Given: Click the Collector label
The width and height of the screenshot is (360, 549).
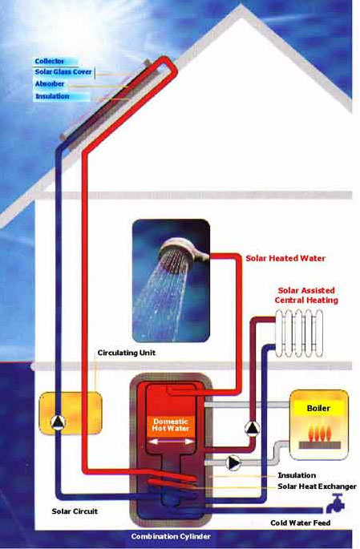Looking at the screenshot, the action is pos(50,61).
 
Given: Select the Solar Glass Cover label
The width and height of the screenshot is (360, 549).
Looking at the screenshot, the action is pos(63,72).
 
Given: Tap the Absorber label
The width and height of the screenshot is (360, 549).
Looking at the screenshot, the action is pos(50,84).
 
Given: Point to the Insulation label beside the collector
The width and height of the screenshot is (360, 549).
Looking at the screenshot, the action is pos(52,96).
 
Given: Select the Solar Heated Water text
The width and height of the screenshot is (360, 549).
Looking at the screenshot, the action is pos(285,258).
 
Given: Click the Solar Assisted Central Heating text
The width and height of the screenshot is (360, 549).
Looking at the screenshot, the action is pos(306,295).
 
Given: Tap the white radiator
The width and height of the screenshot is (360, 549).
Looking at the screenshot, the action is pos(299,333).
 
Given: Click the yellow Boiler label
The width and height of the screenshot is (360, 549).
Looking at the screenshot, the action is pos(318,408).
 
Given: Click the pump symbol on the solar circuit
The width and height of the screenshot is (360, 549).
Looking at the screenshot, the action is pos(59,422).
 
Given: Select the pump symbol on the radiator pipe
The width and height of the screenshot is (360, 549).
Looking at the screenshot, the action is pos(253,429).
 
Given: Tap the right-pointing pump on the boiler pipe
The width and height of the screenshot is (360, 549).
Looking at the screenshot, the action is pos(233,463).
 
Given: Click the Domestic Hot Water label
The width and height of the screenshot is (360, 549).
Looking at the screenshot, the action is pos(171,425).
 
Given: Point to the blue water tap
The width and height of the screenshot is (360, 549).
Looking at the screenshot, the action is pos(335,503).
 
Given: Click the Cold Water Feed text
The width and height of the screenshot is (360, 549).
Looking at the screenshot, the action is pos(300,523).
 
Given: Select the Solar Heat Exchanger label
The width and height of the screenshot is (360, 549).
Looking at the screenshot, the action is pos(317,486).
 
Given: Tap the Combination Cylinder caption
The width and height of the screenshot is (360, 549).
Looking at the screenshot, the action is pos(171,536).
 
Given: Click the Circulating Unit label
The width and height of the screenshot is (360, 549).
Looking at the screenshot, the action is pos(127,353).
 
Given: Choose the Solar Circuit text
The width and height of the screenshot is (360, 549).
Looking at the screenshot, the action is pos(75,511).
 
